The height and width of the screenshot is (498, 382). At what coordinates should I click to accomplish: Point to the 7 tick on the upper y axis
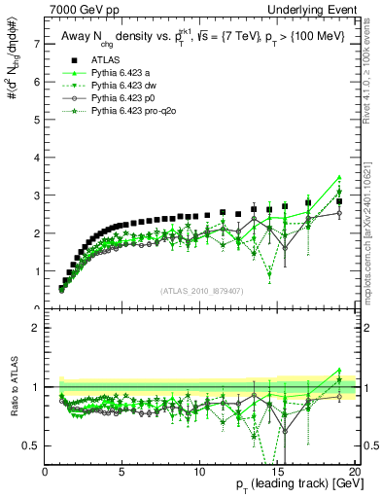pos(36,44)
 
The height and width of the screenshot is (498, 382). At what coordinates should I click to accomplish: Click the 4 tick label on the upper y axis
pos(36,158)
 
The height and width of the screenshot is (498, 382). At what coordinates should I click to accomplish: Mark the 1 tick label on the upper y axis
pos(36,271)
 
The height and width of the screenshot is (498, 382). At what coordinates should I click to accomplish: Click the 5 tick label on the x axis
pos(122,473)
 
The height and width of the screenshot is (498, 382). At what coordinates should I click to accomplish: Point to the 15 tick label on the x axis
pos(276,473)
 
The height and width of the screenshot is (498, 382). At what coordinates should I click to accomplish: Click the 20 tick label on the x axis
pos(353,473)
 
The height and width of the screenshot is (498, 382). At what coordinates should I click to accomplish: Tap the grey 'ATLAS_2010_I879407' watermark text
pos(200,290)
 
